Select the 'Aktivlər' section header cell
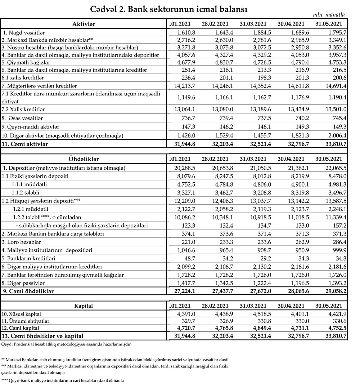84,24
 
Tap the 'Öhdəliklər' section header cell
84,159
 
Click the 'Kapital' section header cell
84,306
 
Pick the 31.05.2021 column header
329,24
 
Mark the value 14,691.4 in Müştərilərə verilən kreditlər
335,86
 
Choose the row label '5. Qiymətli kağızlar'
24,62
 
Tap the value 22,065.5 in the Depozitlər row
335,168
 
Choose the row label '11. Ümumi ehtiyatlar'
26,321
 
